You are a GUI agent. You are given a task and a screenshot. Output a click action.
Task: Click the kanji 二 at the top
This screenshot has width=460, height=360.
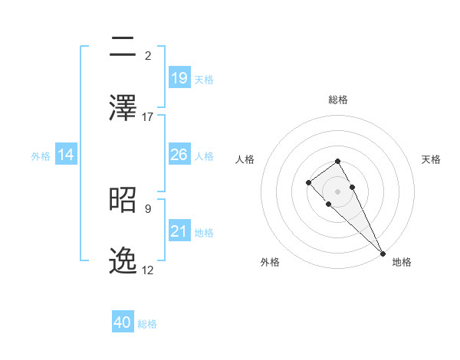tap(124, 47)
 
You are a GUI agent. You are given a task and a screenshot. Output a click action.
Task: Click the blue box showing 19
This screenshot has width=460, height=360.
tap(179, 77)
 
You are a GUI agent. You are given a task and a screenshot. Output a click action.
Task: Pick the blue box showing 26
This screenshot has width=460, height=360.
tap(179, 155)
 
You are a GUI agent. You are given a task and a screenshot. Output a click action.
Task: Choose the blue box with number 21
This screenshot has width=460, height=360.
tap(179, 231)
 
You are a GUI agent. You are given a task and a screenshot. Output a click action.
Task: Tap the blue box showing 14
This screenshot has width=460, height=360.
tap(66, 155)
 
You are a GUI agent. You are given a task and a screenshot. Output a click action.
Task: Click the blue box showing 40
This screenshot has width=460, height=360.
tap(123, 322)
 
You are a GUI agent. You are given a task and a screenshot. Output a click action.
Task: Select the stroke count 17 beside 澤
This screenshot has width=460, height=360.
tap(148, 117)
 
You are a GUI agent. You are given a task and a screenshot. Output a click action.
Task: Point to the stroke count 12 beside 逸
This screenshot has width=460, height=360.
tap(148, 270)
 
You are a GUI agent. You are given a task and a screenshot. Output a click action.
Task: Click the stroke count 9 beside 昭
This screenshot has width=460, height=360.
tap(148, 208)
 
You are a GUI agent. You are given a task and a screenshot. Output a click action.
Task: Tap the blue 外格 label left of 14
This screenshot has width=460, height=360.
tap(41, 155)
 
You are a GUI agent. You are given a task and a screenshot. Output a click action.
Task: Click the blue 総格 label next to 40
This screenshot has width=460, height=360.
tap(147, 324)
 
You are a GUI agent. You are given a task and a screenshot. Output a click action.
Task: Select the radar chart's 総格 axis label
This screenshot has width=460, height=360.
tap(338, 100)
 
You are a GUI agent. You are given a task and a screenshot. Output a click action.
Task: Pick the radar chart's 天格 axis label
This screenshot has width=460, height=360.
tap(431, 159)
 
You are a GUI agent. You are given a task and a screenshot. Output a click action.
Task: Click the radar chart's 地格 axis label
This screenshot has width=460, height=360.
tap(402, 262)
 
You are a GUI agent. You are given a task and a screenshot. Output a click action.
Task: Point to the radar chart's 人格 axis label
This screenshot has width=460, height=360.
tap(245, 159)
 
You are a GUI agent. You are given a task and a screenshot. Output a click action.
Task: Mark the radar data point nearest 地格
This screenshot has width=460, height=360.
tap(383, 252)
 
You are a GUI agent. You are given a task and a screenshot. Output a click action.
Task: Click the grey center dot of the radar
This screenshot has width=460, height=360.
tap(338, 191)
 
